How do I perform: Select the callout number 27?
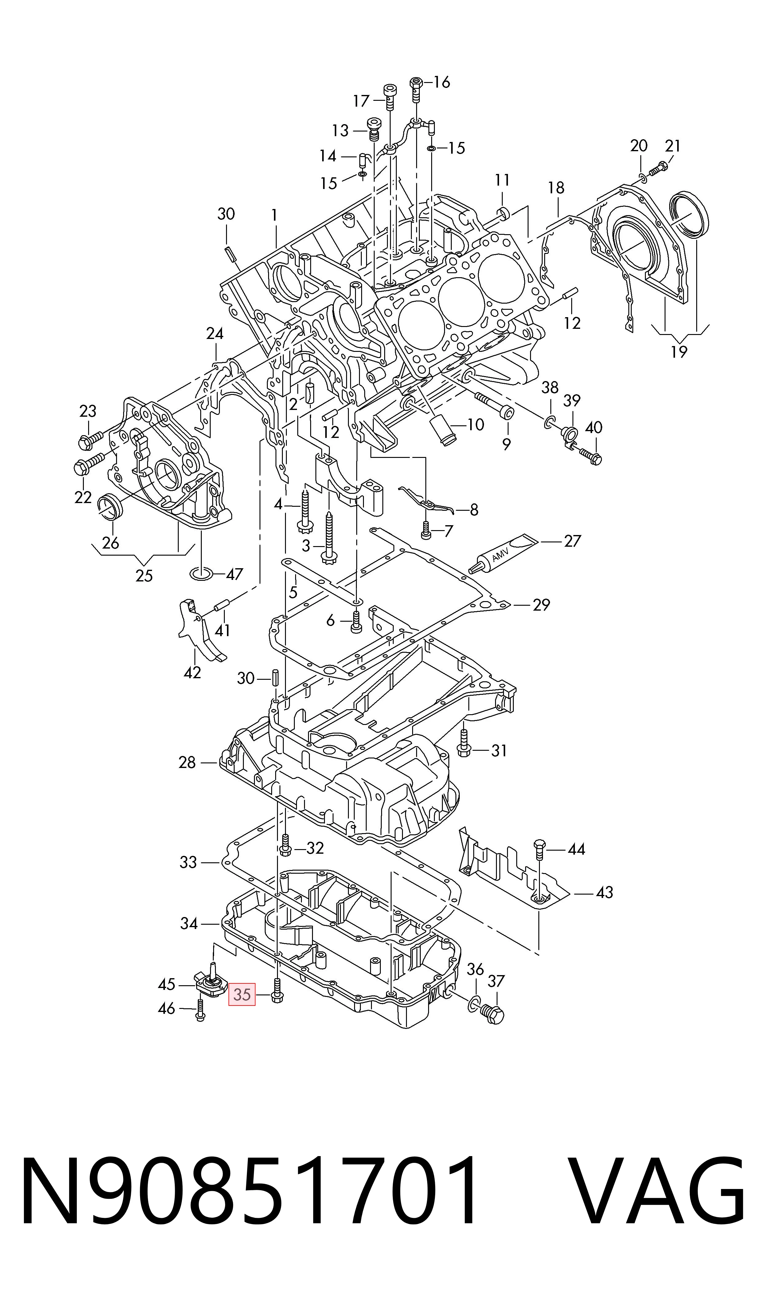[572, 541]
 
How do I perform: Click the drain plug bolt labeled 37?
[492, 1013]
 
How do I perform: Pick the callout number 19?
[679, 352]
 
